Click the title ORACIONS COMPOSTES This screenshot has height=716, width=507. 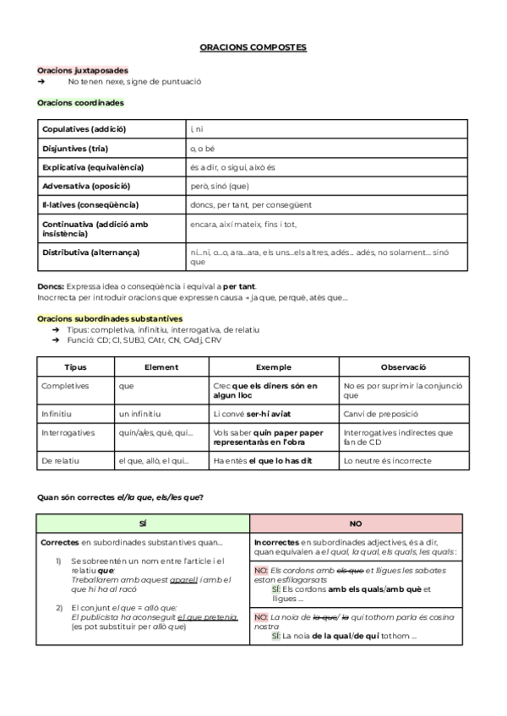(253, 48)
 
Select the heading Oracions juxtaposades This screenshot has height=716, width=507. (83, 71)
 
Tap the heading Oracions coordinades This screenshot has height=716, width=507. (80, 102)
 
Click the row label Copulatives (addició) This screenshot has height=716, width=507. (84, 129)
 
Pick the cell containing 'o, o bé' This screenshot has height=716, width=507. (204, 149)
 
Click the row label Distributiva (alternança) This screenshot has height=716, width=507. (91, 252)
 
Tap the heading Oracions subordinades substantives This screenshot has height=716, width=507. (110, 318)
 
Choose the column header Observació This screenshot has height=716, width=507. (403, 367)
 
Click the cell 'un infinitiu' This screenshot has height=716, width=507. (140, 414)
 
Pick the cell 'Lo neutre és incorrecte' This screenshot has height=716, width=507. (387, 461)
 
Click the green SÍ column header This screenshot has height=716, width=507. (143, 523)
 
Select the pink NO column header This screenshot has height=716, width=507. (356, 523)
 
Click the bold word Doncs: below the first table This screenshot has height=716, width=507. (51, 286)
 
